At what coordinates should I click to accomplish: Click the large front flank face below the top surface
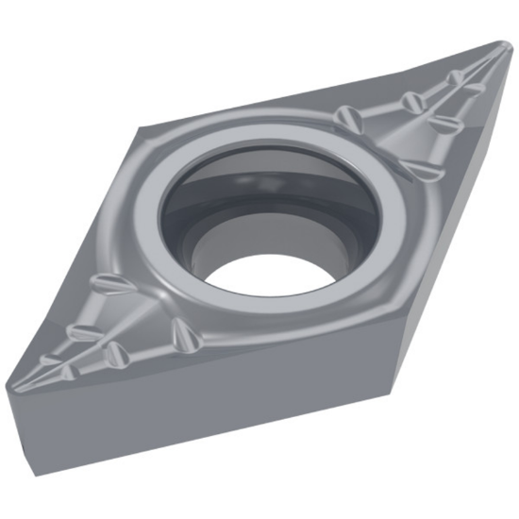[x=236, y=415]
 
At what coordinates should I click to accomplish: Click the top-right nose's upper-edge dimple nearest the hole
[x=346, y=116]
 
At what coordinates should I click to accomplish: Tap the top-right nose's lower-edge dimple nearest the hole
[x=423, y=169]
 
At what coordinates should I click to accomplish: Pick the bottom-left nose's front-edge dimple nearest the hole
[x=179, y=333]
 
